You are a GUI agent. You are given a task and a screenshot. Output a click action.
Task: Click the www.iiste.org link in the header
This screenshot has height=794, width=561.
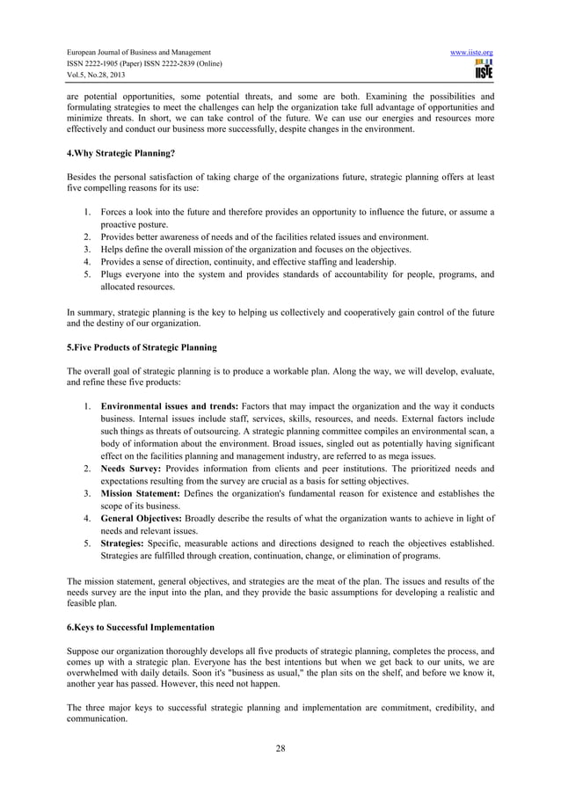470,53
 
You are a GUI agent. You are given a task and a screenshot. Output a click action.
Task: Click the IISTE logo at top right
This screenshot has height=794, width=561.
483,75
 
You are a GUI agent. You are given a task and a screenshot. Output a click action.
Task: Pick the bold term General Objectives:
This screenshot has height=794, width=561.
149,519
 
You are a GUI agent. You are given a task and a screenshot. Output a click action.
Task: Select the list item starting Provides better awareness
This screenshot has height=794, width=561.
265,237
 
